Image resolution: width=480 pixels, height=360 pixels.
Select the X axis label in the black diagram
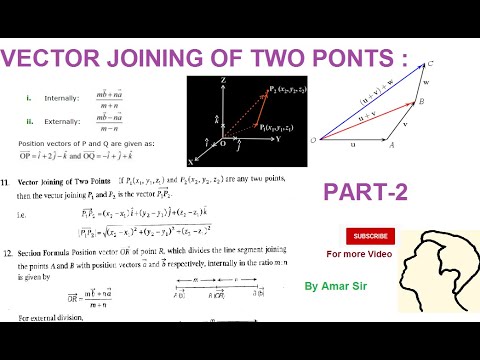(191, 160)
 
